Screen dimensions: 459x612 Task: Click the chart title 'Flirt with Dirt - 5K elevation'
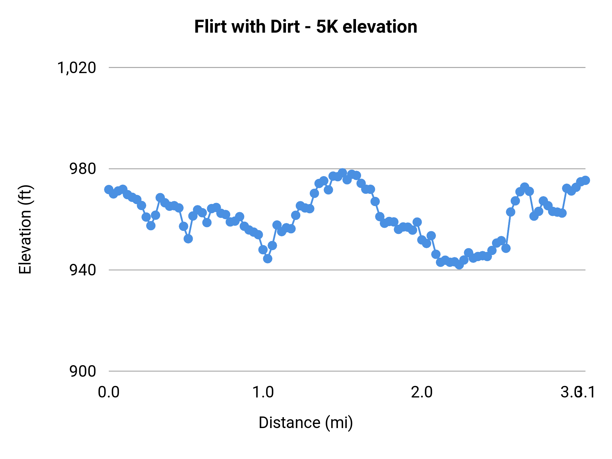click(x=305, y=27)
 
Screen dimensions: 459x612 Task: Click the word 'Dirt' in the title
click(x=285, y=27)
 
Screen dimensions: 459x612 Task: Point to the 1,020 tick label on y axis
click(x=76, y=68)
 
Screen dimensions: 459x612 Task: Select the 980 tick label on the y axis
click(x=83, y=169)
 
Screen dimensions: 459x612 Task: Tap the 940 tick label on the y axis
click(x=83, y=270)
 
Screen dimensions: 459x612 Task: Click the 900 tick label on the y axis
click(x=83, y=371)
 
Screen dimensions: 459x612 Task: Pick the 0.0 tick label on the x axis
click(x=108, y=392)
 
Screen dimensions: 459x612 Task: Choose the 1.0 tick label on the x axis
click(x=263, y=392)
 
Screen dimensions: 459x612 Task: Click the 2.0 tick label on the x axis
click(x=422, y=392)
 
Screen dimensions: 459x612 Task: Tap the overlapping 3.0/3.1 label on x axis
click(x=578, y=392)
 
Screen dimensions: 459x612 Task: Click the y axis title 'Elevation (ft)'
click(x=25, y=230)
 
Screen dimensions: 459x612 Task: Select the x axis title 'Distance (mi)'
click(x=305, y=423)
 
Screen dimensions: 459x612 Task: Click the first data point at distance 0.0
click(x=109, y=189)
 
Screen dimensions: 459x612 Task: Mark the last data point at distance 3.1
click(x=585, y=181)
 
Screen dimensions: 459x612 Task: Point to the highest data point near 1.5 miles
click(x=342, y=173)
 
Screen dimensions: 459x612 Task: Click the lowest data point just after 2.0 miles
click(x=459, y=265)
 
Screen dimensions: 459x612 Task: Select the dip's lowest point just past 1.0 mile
click(x=268, y=259)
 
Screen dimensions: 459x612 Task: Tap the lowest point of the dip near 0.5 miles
click(x=188, y=239)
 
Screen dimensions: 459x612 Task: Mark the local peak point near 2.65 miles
click(x=525, y=187)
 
